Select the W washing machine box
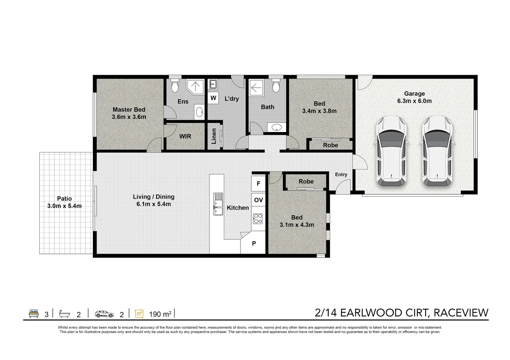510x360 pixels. point(213,98)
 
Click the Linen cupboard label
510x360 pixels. point(213,136)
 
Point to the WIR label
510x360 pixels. point(185,136)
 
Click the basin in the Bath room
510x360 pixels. point(277,127)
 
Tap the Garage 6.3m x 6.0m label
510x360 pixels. point(414,97)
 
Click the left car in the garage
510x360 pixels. point(391,151)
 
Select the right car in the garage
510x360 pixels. point(437,151)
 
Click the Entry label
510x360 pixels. point(341,175)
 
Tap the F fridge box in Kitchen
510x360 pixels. point(259,183)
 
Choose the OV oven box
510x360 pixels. point(259,200)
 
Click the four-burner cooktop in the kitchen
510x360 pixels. point(258,219)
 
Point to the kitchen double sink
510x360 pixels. point(218,204)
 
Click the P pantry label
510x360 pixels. point(254,243)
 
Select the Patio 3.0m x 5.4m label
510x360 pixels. point(64,202)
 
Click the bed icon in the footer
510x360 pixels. point(34,314)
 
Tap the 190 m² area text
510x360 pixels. point(160,314)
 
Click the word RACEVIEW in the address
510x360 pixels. point(461,313)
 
